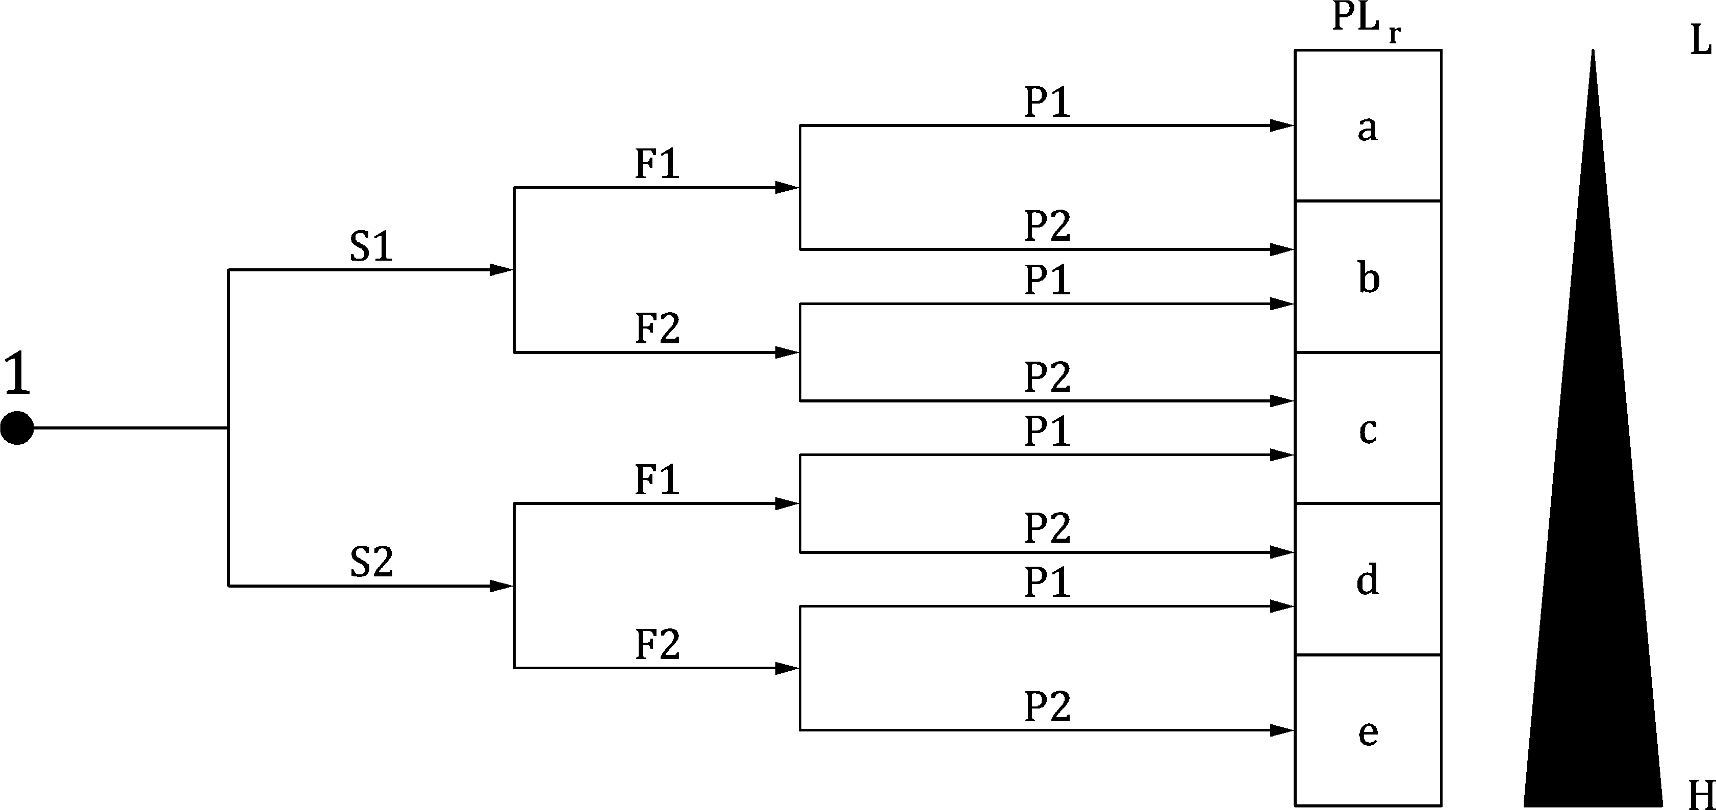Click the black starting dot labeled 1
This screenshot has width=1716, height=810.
point(17,427)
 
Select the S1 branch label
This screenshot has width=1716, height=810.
point(371,246)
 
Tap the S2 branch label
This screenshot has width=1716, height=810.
point(371,562)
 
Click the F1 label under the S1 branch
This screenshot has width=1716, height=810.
point(657,164)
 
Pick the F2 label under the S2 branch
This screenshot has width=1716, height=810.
point(657,644)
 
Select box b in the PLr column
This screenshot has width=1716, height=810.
point(1368,277)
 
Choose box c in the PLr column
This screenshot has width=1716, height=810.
point(1368,429)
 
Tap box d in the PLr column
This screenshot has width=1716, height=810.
point(1368,579)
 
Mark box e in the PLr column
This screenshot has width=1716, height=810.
point(1368,731)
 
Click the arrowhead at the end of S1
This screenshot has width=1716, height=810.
point(501,270)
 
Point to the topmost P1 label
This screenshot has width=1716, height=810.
point(1047,103)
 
